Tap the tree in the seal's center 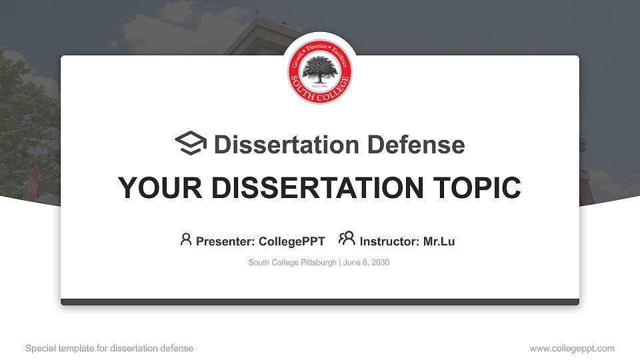(320, 69)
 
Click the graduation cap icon (191, 144)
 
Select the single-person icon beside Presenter (186, 239)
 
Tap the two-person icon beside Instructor (347, 239)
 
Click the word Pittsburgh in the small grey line (318, 263)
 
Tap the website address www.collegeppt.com (572, 348)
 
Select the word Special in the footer (41, 348)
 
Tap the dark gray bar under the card (320, 302)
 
